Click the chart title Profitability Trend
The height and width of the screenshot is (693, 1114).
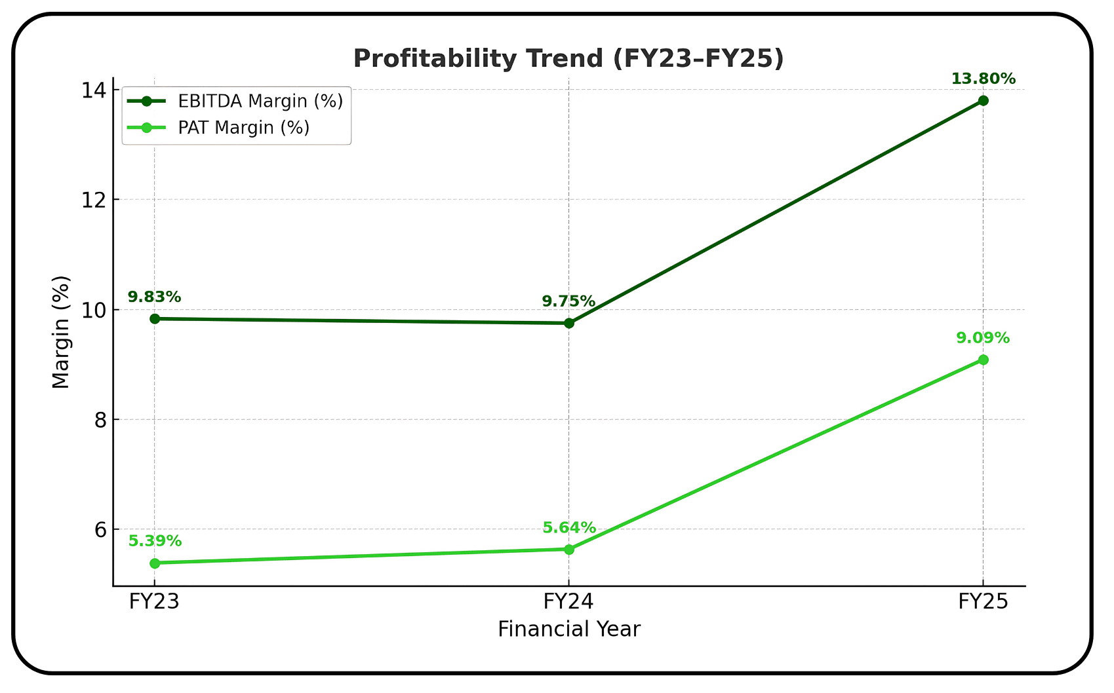click(x=568, y=59)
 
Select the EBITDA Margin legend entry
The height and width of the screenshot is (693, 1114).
click(x=260, y=102)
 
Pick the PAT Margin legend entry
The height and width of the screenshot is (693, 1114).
click(x=243, y=128)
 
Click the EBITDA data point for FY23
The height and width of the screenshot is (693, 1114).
click(x=155, y=319)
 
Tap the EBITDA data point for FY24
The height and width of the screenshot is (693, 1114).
click(x=569, y=323)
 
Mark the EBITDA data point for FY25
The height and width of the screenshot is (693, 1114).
click(x=983, y=101)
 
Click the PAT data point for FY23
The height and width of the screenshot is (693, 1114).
click(x=155, y=563)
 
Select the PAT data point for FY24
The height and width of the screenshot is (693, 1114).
click(x=569, y=550)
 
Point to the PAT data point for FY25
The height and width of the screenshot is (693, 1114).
click(x=983, y=360)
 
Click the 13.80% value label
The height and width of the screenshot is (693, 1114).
click(x=983, y=79)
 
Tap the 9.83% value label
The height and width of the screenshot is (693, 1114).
click(x=154, y=297)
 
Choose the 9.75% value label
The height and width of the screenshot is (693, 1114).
click(x=568, y=302)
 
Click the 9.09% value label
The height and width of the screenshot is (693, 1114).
click(x=982, y=339)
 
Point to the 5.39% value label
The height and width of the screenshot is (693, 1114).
click(x=155, y=542)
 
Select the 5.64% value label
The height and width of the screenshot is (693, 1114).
click(x=569, y=528)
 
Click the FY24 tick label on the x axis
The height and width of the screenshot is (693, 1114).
click(x=568, y=602)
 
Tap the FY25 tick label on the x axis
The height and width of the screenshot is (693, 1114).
click(x=983, y=602)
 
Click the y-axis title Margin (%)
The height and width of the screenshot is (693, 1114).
click(x=61, y=332)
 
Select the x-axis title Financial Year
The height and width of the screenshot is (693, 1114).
click(x=568, y=629)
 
